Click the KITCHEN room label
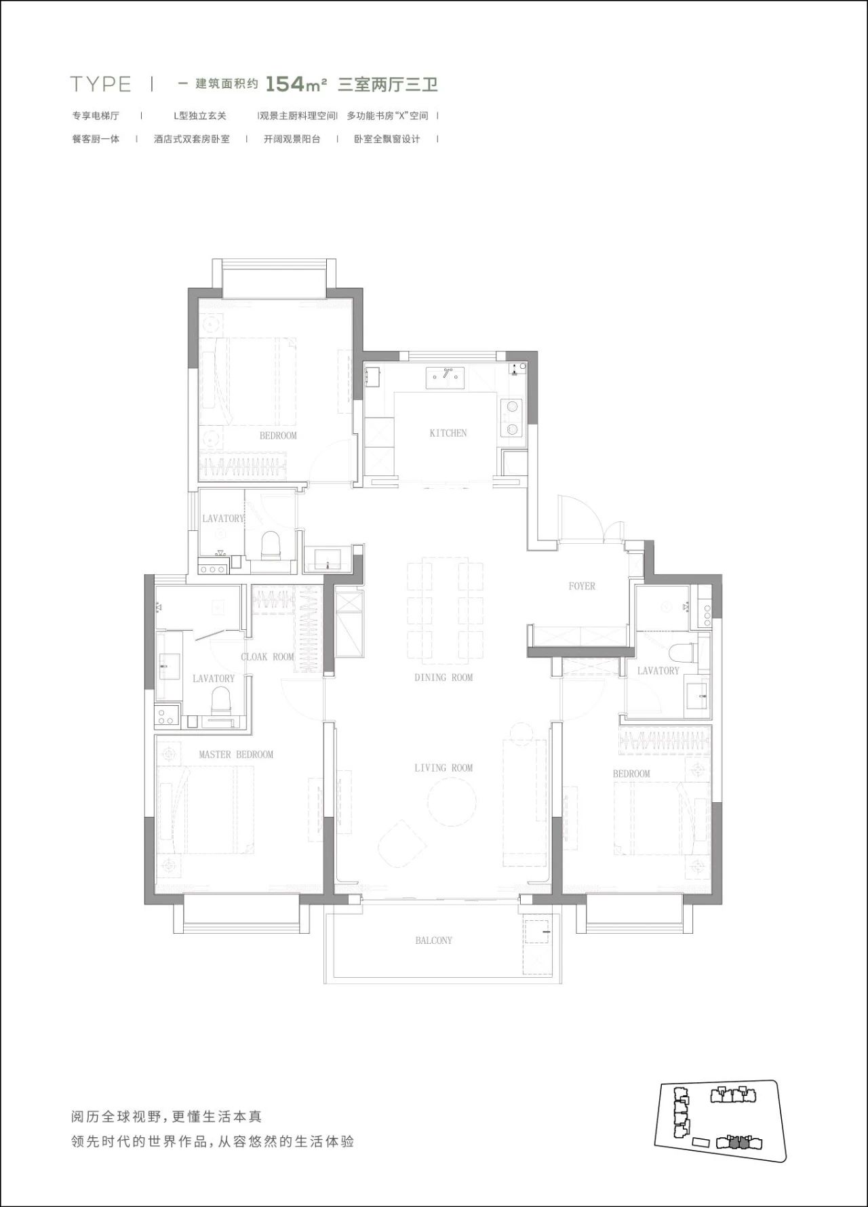tap(448, 433)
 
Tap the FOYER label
tap(582, 586)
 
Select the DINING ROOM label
tap(443, 677)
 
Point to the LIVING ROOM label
tap(443, 768)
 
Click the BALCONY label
tap(433, 941)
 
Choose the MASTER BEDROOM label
tap(236, 754)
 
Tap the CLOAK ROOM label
tap(268, 656)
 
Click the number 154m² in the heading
tap(296, 84)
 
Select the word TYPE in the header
tap(100, 84)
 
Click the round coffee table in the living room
tap(451, 802)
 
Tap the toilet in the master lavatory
tap(220, 700)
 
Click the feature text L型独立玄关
tap(199, 116)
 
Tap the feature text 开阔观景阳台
tap(292, 139)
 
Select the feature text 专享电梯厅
tap(96, 116)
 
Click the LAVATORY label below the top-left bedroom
tap(222, 519)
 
